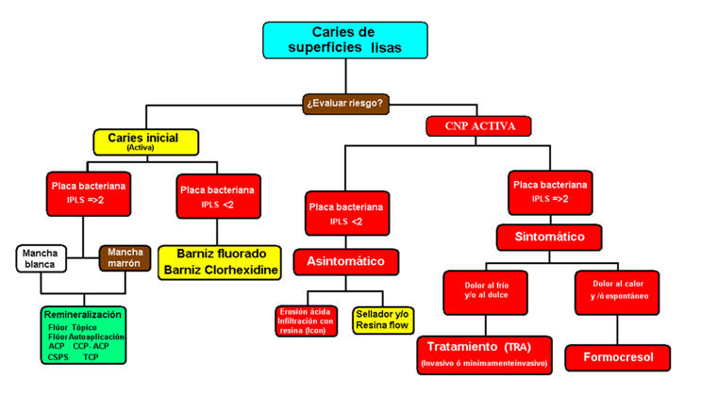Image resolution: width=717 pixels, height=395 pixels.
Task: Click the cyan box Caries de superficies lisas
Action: click(344, 41)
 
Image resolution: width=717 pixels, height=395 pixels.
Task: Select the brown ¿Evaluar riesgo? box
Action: click(345, 103)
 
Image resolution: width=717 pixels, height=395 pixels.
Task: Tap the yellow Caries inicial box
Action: click(144, 141)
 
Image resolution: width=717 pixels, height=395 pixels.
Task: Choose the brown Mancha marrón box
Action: click(125, 257)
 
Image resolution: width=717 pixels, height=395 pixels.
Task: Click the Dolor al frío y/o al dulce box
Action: click(486, 291)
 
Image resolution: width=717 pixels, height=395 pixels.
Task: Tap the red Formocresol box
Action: click(617, 357)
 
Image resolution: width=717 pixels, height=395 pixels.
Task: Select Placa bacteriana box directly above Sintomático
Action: click(551, 191)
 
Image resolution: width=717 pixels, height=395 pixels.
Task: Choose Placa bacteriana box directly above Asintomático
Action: click(346, 213)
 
